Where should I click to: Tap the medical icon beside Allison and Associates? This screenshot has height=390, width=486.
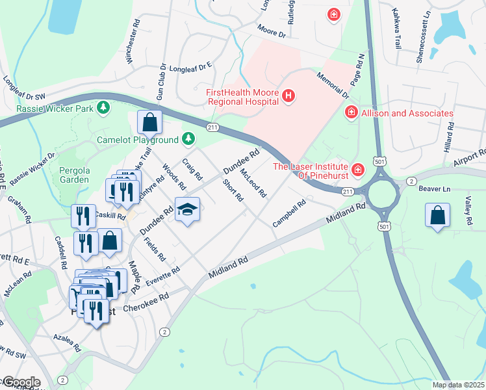352,113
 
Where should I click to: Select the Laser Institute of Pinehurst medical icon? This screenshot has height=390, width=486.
357,171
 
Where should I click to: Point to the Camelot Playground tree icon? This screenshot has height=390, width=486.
188,138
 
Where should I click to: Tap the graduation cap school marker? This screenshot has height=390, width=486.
187,210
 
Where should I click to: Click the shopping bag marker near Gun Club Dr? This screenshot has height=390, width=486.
150,122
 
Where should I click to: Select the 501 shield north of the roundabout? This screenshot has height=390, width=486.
378,161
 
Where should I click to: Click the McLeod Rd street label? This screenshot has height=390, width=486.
253,183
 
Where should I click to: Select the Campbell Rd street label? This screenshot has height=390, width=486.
289,213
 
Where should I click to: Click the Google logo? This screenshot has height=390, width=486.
21,382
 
